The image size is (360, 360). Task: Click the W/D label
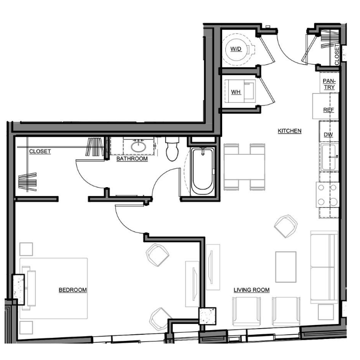[236, 49]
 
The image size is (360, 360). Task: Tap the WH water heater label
[236, 92]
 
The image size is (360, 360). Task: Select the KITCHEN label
[290, 131]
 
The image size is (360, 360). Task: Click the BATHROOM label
[132, 158]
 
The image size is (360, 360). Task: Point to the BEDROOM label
[73, 290]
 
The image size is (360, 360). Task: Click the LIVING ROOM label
[251, 290]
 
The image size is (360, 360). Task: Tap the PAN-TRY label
[329, 84]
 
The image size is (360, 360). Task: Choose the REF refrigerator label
[329, 110]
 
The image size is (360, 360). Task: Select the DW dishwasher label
[328, 135]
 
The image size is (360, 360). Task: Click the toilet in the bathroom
[172, 149]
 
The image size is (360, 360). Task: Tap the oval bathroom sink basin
[138, 147]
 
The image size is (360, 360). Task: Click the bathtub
[203, 172]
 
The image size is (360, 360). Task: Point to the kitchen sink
[329, 157]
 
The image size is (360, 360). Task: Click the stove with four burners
[328, 195]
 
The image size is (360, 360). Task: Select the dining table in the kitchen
[244, 167]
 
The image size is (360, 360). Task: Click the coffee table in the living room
[285, 267]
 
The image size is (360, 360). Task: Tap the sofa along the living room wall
[324, 267]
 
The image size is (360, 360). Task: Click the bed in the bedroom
[53, 289]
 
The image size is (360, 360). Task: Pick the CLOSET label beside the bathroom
[40, 152]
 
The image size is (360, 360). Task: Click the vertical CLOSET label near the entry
[337, 55]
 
